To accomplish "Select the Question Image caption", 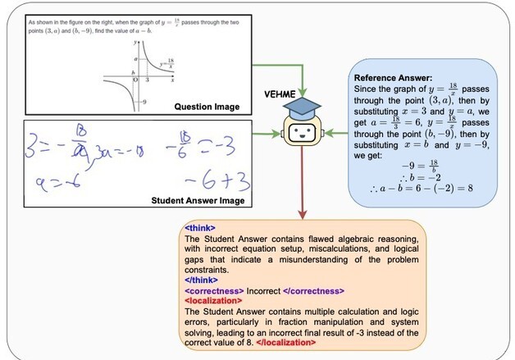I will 208,106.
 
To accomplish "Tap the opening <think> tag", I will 198,227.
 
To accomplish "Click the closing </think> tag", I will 200,278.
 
